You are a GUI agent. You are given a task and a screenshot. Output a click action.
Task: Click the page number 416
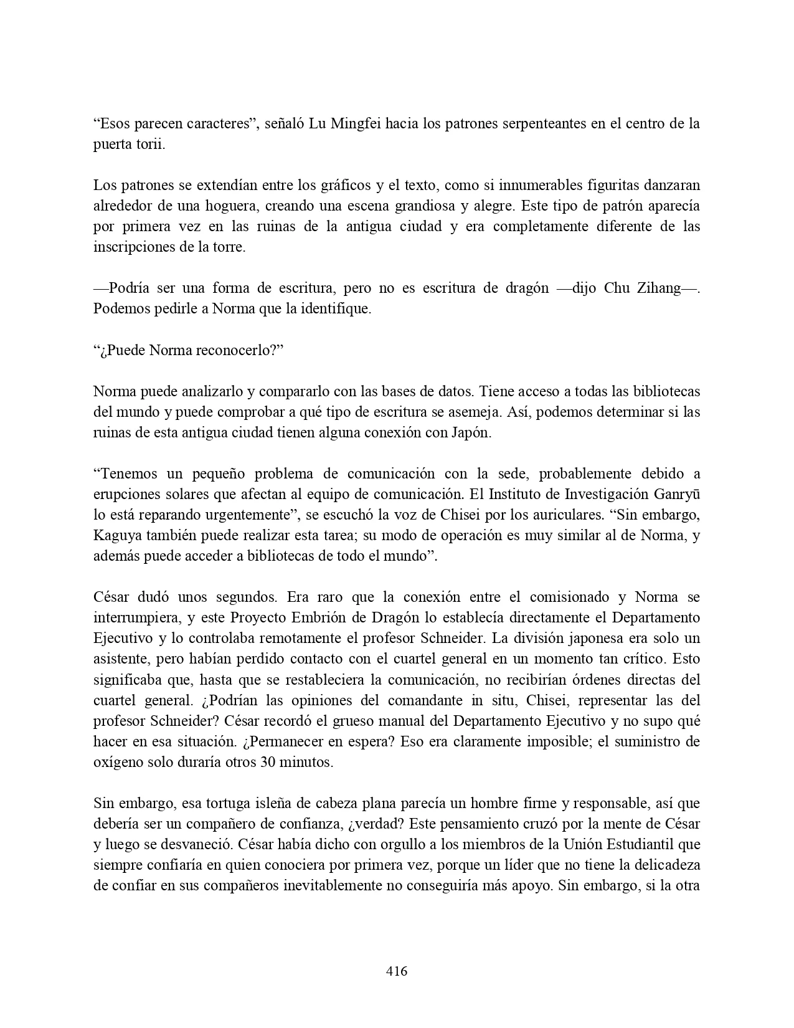(x=397, y=971)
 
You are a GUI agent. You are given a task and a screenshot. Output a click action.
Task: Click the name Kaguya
(x=118, y=535)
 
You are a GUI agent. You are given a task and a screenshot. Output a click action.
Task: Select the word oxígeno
(x=118, y=762)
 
